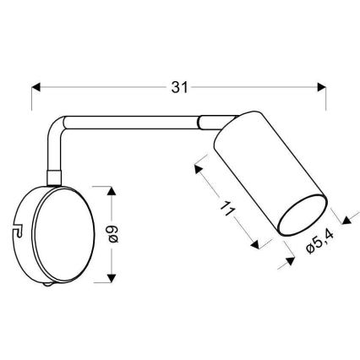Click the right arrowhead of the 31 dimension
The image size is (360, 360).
(x=320, y=85)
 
